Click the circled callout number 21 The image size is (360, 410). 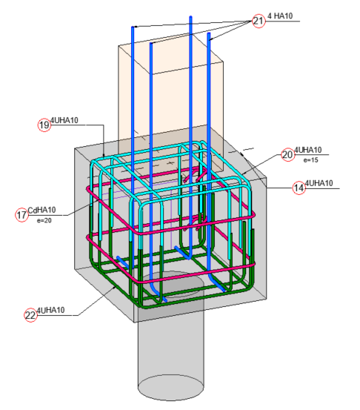(x=258, y=21)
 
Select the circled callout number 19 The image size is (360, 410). (x=44, y=125)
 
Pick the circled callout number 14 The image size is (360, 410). (x=299, y=188)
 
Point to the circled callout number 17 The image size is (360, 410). (x=21, y=214)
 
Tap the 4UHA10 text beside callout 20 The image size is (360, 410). (x=308, y=151)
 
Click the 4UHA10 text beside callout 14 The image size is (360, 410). (x=319, y=183)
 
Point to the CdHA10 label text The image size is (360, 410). (x=41, y=210)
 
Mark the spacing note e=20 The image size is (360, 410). (x=41, y=220)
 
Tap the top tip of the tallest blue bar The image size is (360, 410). (x=191, y=16)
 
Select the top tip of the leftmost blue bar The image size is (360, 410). (x=133, y=28)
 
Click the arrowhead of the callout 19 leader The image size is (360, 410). (x=104, y=155)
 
